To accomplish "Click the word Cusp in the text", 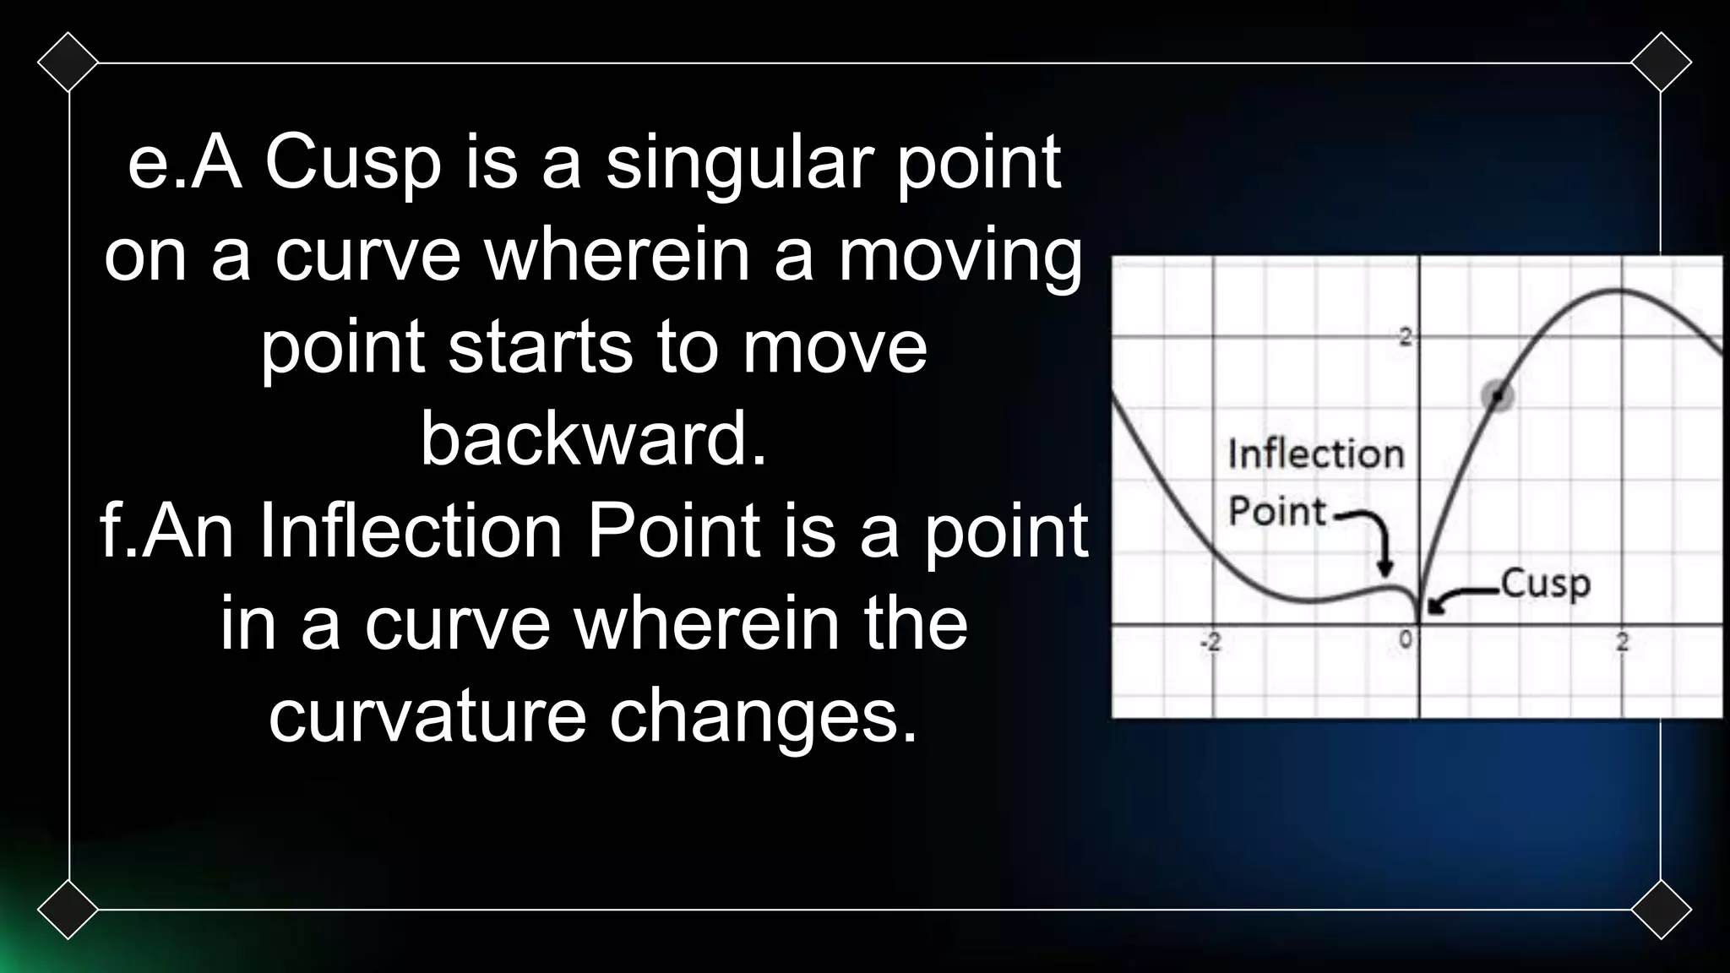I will pyautogui.click(x=353, y=163).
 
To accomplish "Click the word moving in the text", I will pyautogui.click(x=960, y=256).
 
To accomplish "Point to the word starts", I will pyautogui.click(x=540, y=347).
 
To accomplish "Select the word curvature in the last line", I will pyautogui.click(x=427, y=716).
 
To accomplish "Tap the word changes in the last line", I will pyautogui.click(x=762, y=716).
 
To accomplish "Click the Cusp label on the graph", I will pyautogui.click(x=1545, y=584).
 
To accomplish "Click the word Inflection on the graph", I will pyautogui.click(x=1315, y=454).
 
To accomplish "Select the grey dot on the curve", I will pyautogui.click(x=1498, y=394).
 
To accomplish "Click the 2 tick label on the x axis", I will pyautogui.click(x=1622, y=643).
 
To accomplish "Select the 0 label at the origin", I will pyautogui.click(x=1405, y=640).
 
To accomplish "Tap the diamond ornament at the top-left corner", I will pyautogui.click(x=68, y=63).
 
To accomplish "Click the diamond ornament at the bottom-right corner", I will pyautogui.click(x=1661, y=910).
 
